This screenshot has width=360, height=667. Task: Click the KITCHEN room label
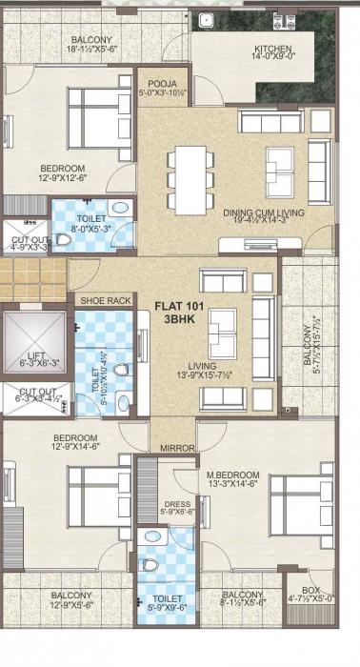pos(271,50)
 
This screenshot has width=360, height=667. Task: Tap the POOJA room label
pos(156,84)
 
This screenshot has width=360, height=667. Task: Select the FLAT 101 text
pos(180,307)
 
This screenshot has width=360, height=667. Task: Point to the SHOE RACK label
pos(106,300)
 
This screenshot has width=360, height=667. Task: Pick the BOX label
pos(310,590)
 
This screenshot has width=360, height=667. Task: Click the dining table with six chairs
pos(186,179)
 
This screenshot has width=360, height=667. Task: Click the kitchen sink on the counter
pos(205,19)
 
